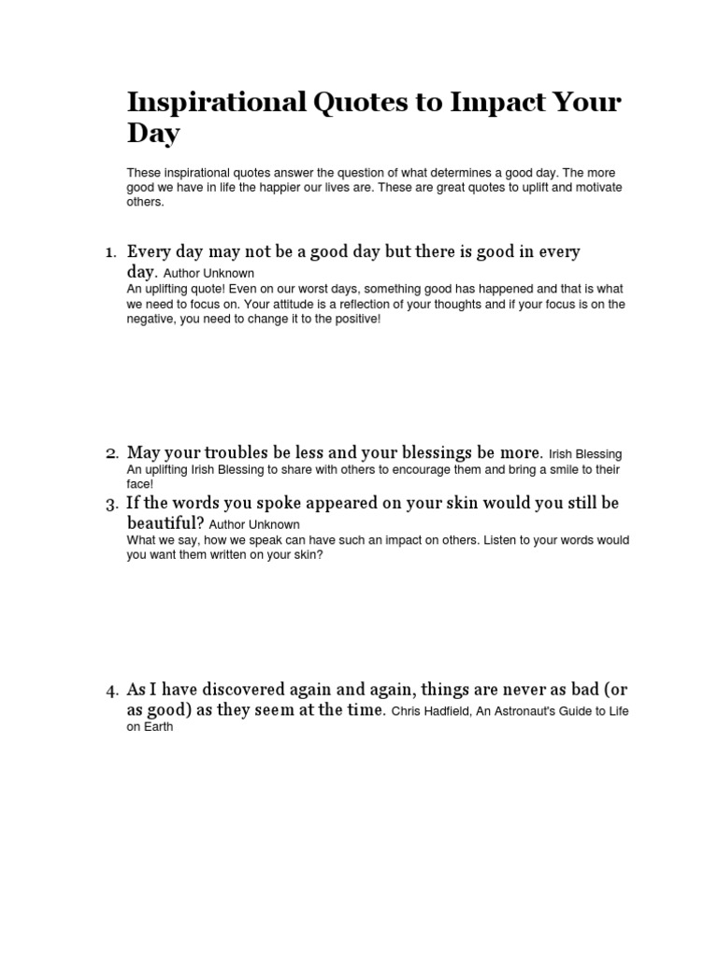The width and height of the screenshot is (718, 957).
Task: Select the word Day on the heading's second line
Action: pos(153,134)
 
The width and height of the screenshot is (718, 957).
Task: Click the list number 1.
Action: pos(109,252)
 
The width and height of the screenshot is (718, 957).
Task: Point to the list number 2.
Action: pos(110,454)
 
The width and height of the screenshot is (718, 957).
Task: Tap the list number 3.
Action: pos(110,505)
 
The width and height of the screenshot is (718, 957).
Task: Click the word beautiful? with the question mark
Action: pos(165,523)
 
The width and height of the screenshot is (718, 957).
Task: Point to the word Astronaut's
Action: pos(544,712)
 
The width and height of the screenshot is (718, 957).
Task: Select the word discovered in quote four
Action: pos(239,691)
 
